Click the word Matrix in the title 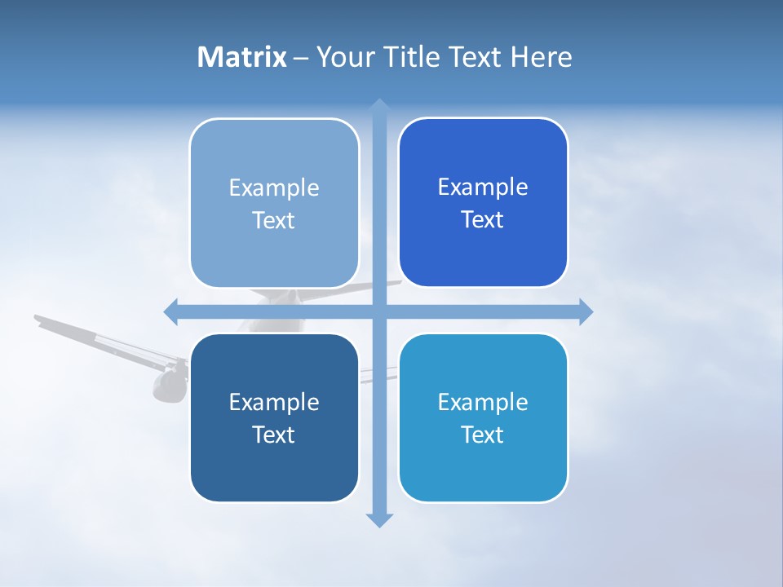click(242, 57)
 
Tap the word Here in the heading click(541, 57)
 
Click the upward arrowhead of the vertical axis click(378, 106)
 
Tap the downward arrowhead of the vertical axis click(378, 520)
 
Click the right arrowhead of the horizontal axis click(586, 312)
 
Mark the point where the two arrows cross click(378, 312)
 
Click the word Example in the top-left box click(274, 188)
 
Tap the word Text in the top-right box click(483, 220)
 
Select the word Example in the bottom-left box click(274, 403)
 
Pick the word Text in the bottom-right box click(483, 435)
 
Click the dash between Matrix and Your click(301, 58)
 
